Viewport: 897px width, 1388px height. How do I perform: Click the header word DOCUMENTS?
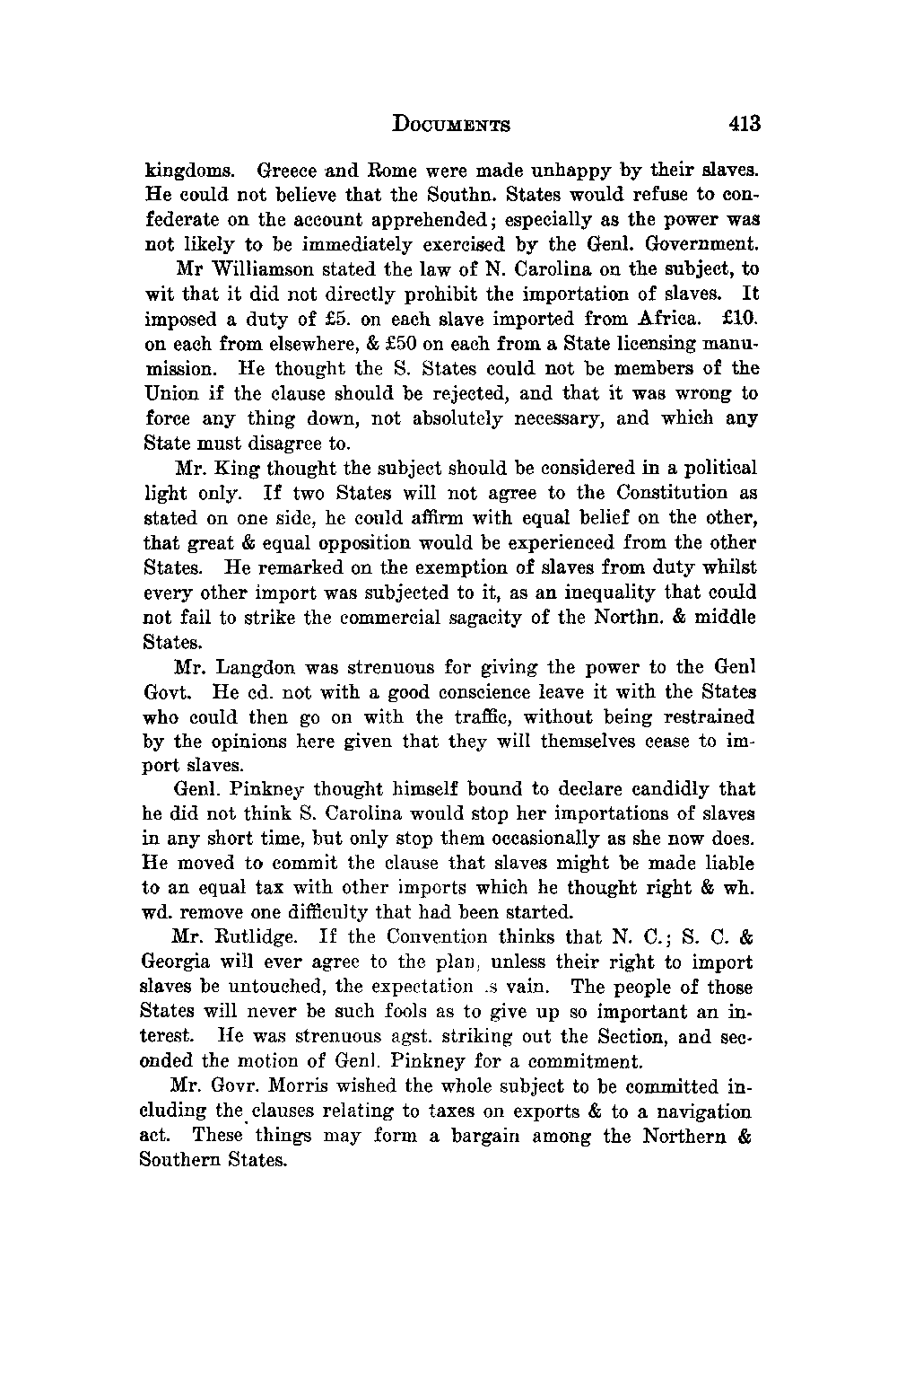[451, 124]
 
